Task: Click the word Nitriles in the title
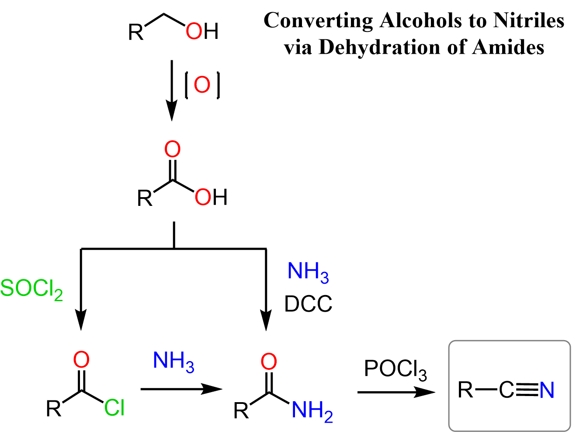(x=528, y=20)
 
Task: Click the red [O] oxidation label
(x=202, y=85)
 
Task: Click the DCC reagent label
(x=308, y=304)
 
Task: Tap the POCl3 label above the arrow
(x=395, y=369)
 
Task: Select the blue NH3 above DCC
(x=308, y=272)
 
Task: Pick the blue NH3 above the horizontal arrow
(x=173, y=361)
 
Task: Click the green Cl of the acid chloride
(x=115, y=408)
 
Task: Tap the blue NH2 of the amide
(x=312, y=411)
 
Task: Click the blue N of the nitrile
(x=547, y=390)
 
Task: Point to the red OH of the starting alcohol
(x=202, y=31)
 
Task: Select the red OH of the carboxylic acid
(x=211, y=197)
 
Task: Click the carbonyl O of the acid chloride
(x=81, y=360)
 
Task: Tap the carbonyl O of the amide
(x=269, y=362)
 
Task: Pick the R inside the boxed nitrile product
(x=466, y=390)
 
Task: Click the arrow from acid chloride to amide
(x=181, y=389)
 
